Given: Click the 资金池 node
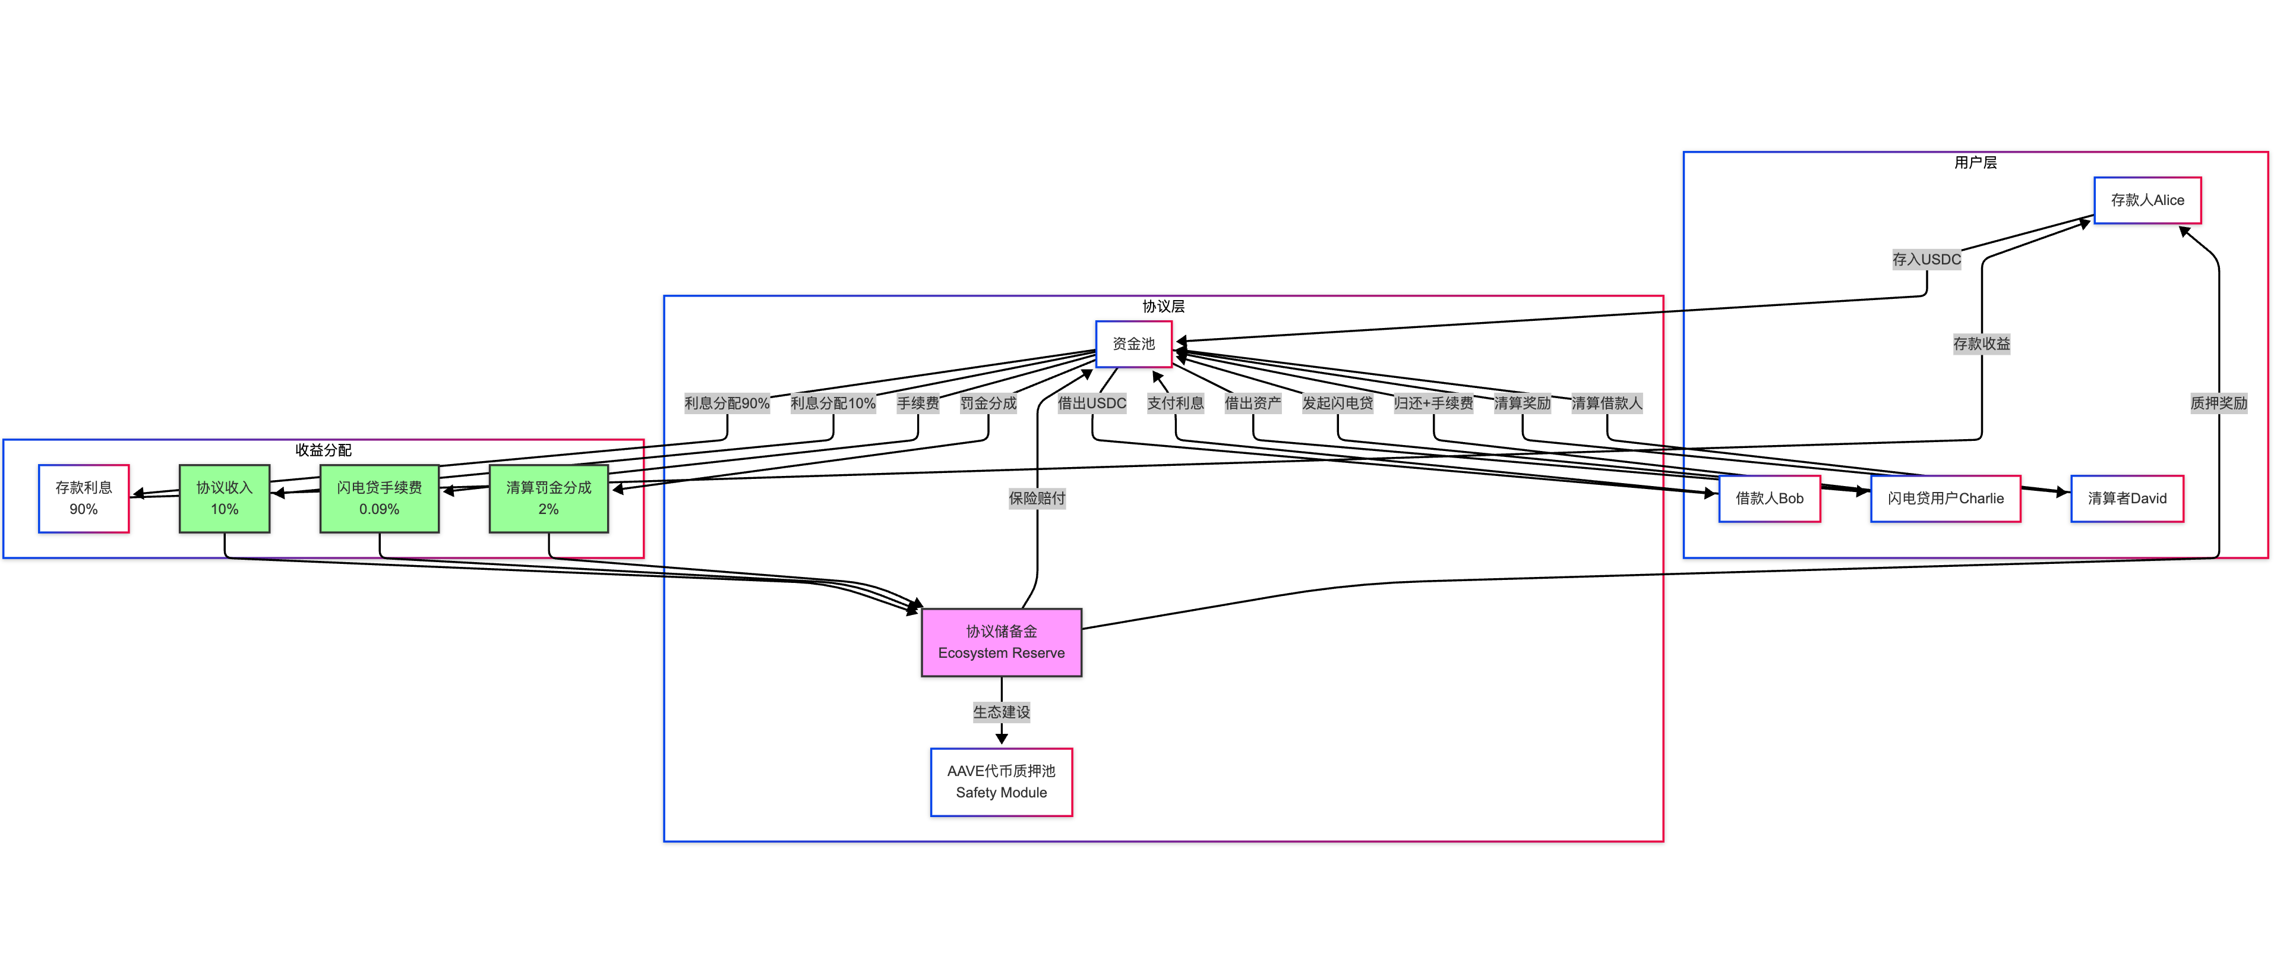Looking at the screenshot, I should pos(1133,343).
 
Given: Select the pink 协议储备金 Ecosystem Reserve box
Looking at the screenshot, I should pos(1001,642).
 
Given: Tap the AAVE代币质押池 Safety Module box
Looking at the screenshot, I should pos(1001,781).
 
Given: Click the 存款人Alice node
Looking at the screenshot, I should pos(2147,200).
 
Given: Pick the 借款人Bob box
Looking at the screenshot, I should pos(1769,498).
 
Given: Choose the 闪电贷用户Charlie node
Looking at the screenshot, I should pos(1945,498).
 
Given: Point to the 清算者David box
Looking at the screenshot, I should pos(2127,498).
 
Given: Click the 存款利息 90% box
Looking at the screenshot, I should pos(84,498).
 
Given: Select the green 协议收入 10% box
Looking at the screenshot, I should pos(224,498).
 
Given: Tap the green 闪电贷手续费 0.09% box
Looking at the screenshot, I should pos(379,498).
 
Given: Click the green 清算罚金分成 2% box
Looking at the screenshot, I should pos(548,498).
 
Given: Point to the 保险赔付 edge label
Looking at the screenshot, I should pos(1037,498).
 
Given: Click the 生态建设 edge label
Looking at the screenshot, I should pos(1001,712).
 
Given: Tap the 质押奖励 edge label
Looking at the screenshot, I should pos(2218,403).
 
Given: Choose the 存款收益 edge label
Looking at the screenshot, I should pos(1981,343).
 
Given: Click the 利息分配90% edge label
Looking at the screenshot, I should pos(727,403).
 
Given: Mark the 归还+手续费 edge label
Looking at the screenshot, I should pos(1433,403).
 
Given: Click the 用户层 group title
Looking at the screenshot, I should pos(1975,162).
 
